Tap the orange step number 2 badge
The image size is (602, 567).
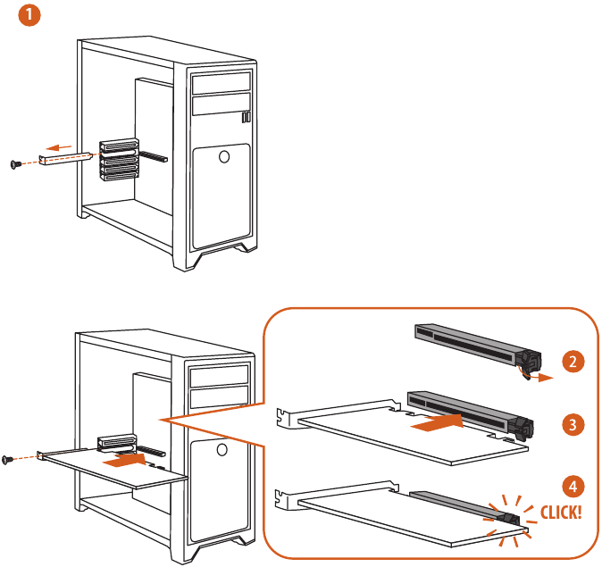point(573,362)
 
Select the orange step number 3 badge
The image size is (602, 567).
point(573,424)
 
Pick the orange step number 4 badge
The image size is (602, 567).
point(573,487)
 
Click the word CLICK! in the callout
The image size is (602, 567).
point(561,513)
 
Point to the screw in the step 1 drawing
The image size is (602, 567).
point(16,164)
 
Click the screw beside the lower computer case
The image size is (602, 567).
point(8,459)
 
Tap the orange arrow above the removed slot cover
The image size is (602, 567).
point(58,147)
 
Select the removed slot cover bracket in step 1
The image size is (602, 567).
point(65,158)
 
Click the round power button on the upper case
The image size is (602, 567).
point(224,156)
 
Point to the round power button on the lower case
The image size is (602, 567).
point(222,449)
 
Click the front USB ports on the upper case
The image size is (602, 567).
point(247,117)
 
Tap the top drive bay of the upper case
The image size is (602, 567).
point(222,83)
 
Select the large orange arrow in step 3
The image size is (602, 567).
point(438,423)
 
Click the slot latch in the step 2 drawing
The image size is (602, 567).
point(529,362)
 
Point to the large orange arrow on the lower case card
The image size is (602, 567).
point(126,460)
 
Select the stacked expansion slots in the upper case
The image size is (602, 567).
point(119,159)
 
